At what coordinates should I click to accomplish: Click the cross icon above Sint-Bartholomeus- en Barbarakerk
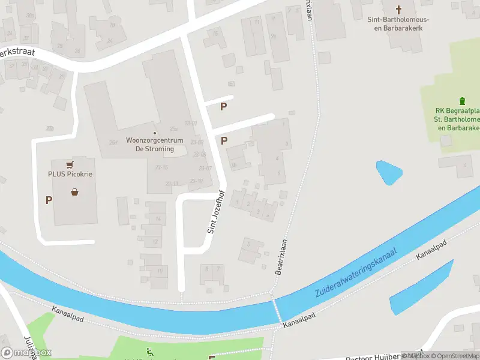400,9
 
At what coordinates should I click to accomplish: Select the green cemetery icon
461,101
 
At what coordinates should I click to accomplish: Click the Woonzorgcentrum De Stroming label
150,145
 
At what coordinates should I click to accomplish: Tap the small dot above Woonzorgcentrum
154,133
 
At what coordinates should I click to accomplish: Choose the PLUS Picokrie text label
74,175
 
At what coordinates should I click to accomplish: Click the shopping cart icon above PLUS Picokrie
71,164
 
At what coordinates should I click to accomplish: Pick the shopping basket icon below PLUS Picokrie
75,192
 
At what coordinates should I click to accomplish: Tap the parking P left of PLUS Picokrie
49,200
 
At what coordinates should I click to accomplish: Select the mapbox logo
26,352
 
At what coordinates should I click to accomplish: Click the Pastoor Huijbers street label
378,356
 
